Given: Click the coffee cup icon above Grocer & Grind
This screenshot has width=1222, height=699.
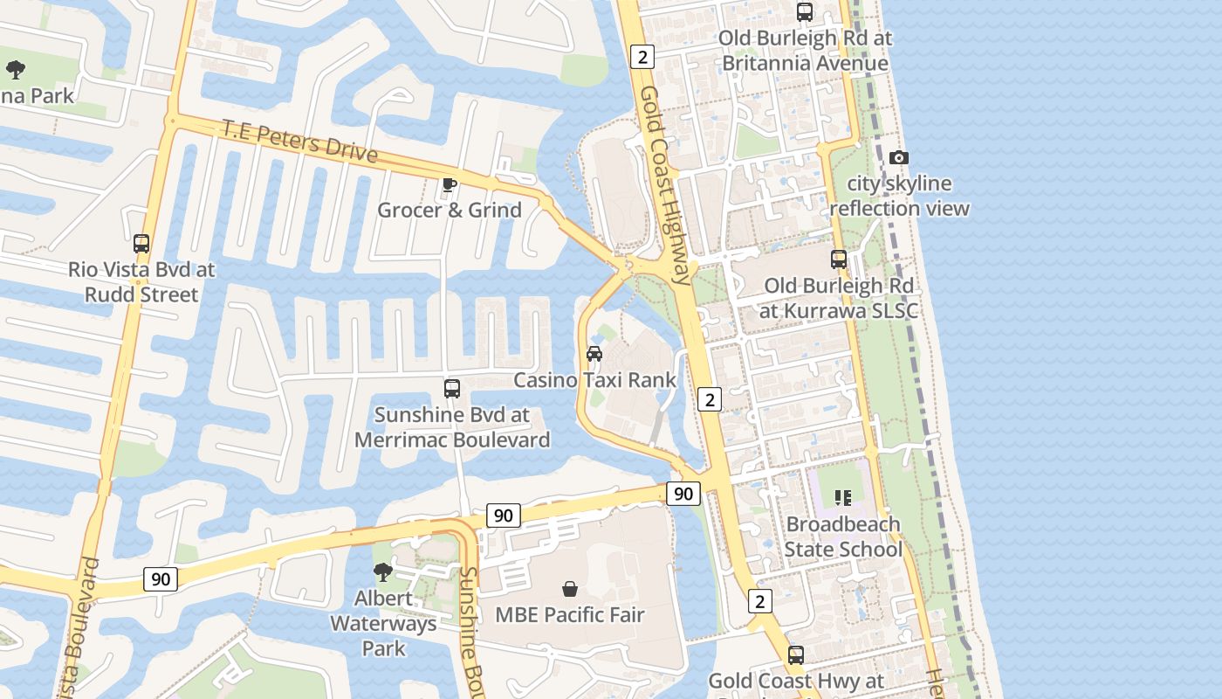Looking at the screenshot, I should click(449, 184).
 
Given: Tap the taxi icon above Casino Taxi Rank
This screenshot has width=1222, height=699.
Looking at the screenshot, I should click(594, 354).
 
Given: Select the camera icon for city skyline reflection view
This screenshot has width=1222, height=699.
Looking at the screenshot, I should click(898, 157).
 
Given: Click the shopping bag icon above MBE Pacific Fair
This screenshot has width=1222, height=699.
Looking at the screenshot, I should click(570, 589).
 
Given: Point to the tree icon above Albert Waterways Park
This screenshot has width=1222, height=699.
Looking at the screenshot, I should click(382, 572).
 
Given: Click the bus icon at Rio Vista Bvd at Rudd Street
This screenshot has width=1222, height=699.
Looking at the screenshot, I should click(141, 244).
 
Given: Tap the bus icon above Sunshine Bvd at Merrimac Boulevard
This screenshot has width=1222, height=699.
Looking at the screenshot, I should click(452, 389).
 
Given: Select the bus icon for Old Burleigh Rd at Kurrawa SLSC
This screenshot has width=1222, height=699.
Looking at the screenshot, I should click(839, 260).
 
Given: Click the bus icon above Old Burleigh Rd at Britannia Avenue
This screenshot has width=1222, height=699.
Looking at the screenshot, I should click(805, 12).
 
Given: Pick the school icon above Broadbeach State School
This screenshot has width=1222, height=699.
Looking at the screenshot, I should click(842, 498).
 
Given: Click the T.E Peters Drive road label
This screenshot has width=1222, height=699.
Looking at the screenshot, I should click(299, 142).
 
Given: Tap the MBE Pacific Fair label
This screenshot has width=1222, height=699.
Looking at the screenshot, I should click(569, 614).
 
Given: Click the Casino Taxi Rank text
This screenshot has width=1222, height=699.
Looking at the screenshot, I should click(594, 380).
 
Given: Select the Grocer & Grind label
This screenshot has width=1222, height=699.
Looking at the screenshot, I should click(450, 210).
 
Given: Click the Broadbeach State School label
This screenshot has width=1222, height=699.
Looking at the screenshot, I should click(842, 536).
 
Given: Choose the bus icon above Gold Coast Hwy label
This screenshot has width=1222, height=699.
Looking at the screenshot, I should click(796, 655).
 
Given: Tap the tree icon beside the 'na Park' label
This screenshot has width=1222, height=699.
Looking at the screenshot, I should click(15, 70).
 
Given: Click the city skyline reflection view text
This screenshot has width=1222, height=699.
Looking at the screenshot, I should click(899, 196).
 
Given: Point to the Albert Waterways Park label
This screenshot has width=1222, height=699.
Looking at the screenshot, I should click(383, 623).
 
